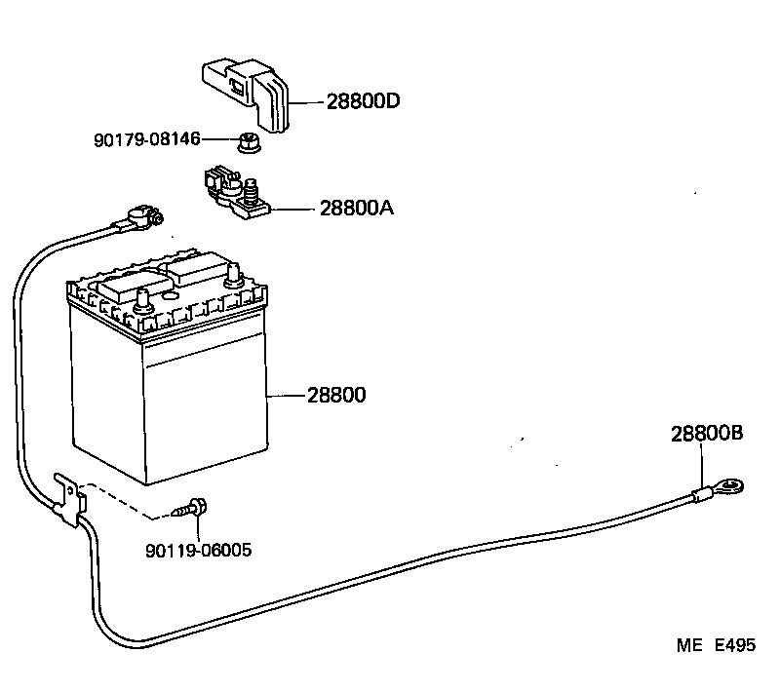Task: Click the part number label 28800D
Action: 348,101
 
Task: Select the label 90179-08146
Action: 147,140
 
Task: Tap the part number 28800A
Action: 356,208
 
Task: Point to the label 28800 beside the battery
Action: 336,396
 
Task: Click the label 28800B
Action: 707,435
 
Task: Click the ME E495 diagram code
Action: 717,645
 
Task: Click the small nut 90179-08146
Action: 247,144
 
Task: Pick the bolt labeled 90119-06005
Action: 192,508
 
